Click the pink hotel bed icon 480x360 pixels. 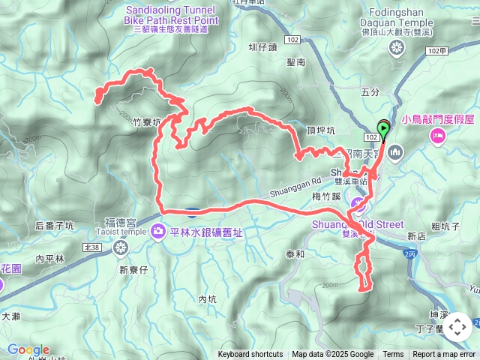point(437,136)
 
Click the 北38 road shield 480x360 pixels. point(92,247)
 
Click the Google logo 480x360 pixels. point(28,349)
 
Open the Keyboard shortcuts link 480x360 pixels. point(250,355)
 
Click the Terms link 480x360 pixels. point(393,355)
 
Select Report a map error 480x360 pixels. point(444,355)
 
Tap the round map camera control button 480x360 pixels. point(457,327)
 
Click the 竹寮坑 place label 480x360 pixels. point(147,121)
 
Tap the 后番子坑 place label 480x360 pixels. point(54,225)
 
